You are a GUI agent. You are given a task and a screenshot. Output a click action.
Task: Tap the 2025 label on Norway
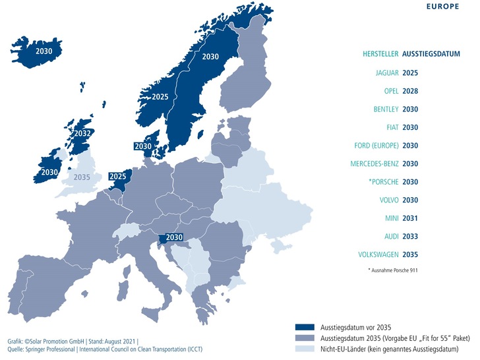160,97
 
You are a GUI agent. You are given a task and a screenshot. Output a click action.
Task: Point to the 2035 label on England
82,177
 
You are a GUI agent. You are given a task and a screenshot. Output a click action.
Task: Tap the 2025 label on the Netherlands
118,177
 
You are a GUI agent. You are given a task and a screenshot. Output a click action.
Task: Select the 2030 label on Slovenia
174,237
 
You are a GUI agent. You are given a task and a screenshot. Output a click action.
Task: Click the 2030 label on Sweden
212,57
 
